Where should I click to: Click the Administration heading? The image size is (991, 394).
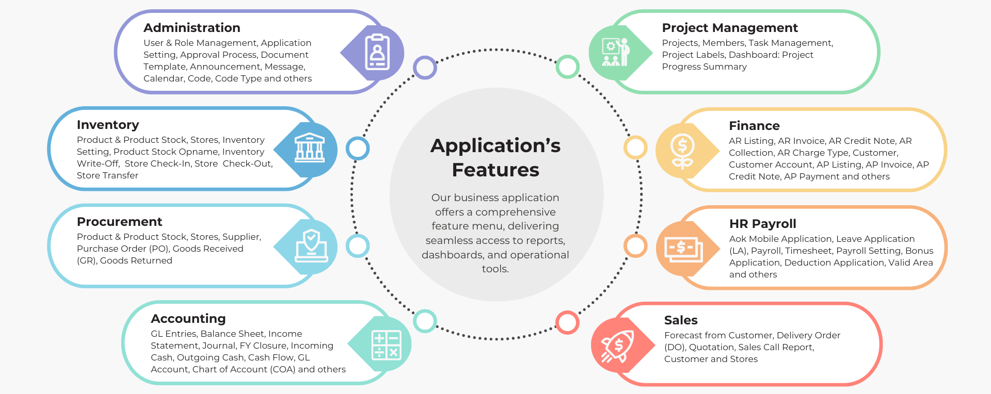(x=191, y=28)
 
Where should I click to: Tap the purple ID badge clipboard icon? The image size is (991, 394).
(x=377, y=52)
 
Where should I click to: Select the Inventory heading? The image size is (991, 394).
(x=108, y=125)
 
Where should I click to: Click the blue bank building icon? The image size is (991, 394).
(x=310, y=149)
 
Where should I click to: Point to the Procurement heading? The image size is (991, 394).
(x=119, y=222)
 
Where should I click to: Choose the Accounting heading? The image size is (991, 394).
(x=188, y=319)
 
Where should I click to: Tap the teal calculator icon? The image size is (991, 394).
(x=386, y=344)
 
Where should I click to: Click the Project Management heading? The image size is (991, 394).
(x=729, y=28)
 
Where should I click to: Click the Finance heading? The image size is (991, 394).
(x=754, y=126)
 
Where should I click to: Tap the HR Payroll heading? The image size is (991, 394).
(x=762, y=224)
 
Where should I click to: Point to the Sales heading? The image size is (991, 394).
(x=680, y=320)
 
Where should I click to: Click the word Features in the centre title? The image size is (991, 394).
(x=495, y=170)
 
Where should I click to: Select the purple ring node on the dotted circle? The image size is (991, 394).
(x=425, y=68)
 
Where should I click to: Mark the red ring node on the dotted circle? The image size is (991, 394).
(x=567, y=322)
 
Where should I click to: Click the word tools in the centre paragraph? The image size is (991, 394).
(x=495, y=269)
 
